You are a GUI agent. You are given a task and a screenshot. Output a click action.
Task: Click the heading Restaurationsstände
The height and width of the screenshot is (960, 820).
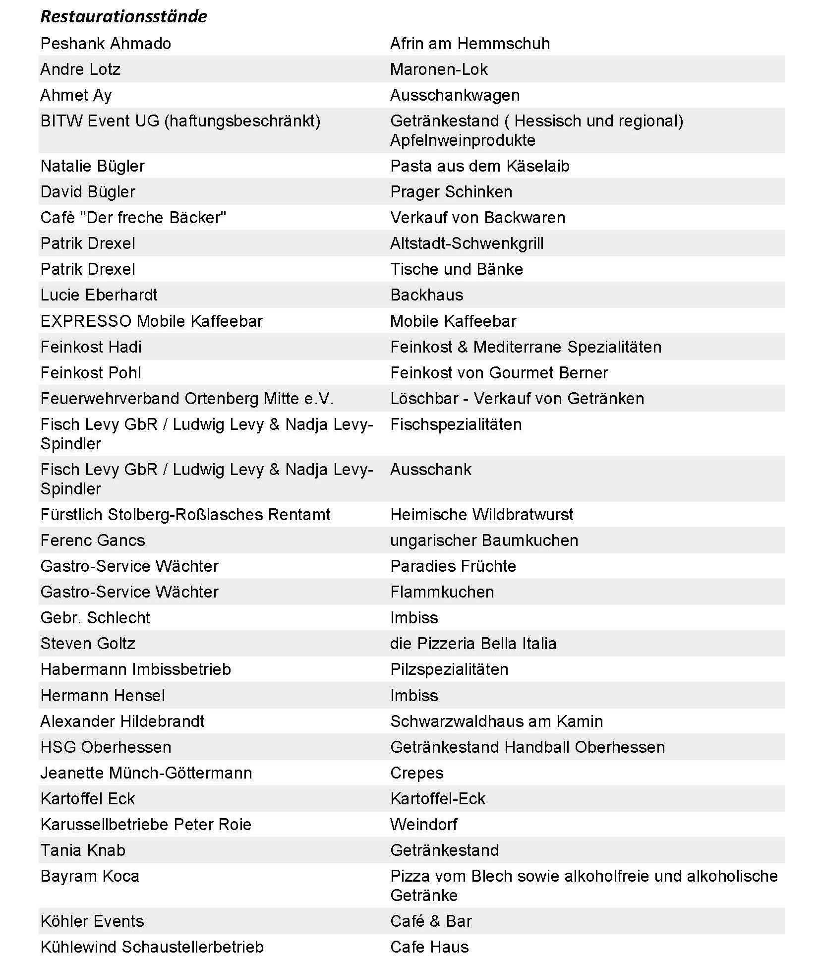coord(123,16)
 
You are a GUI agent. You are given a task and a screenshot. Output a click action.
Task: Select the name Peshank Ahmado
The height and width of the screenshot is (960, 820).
coord(106,44)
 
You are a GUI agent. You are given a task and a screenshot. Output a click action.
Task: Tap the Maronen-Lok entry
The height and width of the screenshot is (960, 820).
coord(439,69)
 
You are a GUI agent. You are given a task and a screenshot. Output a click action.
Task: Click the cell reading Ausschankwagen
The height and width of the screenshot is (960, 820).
coord(455,95)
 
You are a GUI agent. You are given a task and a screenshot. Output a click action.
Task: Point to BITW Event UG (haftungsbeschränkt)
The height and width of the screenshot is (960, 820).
coord(180,121)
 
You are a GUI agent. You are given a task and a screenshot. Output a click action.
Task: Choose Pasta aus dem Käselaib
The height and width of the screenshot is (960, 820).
coord(479,166)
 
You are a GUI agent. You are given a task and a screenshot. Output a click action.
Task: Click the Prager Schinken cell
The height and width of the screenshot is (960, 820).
coord(451,192)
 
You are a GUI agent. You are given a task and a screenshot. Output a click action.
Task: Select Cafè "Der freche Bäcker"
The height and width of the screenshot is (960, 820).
coord(133,218)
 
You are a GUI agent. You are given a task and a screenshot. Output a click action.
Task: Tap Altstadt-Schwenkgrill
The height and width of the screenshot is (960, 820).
coord(467,243)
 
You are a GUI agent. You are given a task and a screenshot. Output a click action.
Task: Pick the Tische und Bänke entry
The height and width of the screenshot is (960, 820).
coord(457,269)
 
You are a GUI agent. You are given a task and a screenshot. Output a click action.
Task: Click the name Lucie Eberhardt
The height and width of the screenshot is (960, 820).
coord(99,295)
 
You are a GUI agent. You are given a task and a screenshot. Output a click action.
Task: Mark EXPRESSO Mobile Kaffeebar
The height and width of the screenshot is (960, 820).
coord(151,321)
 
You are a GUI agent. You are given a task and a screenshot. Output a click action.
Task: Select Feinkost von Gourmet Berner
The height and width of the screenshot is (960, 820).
coord(499,373)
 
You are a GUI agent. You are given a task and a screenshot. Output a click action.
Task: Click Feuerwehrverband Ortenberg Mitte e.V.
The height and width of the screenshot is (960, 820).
coord(187,399)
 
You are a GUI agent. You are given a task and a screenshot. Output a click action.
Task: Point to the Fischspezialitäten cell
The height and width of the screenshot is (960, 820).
coord(456,424)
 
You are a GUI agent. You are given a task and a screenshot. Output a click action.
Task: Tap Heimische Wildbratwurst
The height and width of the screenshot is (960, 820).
coord(481,515)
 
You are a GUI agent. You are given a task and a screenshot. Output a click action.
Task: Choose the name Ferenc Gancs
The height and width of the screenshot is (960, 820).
coord(93,540)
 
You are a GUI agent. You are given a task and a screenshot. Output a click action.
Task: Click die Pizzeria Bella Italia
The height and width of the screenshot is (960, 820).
coord(473,644)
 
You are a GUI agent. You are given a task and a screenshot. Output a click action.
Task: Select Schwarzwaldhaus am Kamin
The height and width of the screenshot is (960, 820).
coord(496,721)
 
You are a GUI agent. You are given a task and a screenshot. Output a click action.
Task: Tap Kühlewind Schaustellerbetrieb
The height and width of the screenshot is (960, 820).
coord(152,947)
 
